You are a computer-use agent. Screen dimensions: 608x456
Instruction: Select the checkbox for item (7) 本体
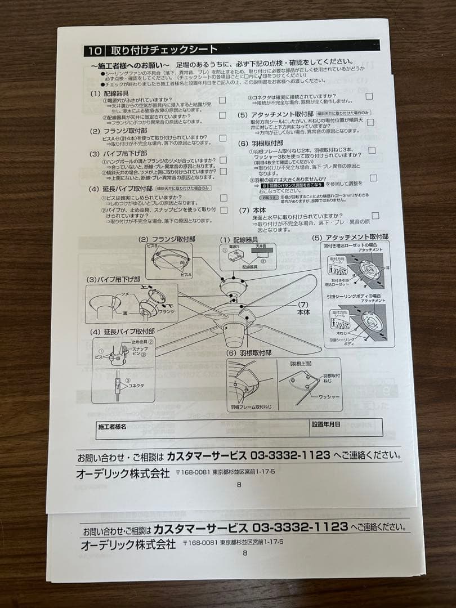pyautogui.click(x=375, y=216)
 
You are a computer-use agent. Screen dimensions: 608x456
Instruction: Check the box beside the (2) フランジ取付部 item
pyautogui.click(x=223, y=138)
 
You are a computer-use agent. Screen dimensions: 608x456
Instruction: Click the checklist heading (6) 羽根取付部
pyautogui.click(x=261, y=144)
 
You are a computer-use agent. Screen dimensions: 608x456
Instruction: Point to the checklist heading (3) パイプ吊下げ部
pyautogui.click(x=118, y=153)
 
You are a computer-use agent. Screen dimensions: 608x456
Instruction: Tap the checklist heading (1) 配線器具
pyautogui.click(x=109, y=93)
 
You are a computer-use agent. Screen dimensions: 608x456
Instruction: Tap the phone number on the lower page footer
pyautogui.click(x=300, y=527)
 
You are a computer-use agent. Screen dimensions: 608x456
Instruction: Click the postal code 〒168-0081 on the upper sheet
pyautogui.click(x=195, y=473)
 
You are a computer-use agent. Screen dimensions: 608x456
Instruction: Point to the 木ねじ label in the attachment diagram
pyautogui.click(x=341, y=333)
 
